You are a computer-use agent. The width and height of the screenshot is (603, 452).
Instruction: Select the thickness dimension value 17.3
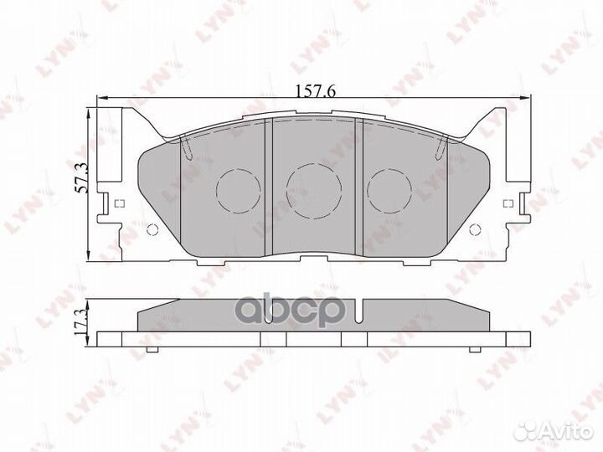point(81,321)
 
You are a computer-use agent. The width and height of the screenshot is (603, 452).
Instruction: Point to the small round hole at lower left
point(152,231)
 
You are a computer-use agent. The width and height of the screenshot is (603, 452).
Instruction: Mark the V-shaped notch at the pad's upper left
point(187,149)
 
